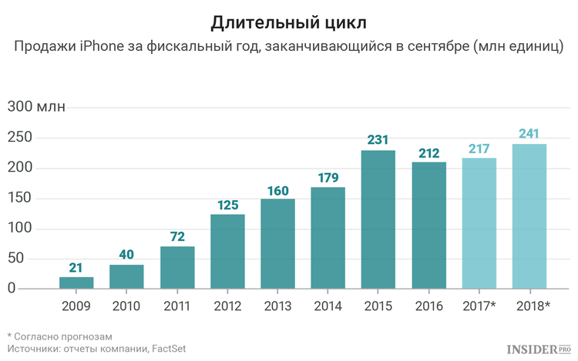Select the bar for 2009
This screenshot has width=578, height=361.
click(x=76, y=282)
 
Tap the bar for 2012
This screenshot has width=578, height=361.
click(x=227, y=251)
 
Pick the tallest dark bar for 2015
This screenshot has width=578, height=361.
click(x=378, y=219)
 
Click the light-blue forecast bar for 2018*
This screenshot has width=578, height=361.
click(x=529, y=216)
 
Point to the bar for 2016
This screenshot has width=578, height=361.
click(x=428, y=225)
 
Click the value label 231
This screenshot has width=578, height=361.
click(x=378, y=141)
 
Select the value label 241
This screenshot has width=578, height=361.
click(x=529, y=134)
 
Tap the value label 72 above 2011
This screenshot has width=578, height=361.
click(x=177, y=236)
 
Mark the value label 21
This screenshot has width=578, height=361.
click(x=76, y=267)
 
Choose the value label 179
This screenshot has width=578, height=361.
click(x=328, y=178)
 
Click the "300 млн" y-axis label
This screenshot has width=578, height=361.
click(x=36, y=107)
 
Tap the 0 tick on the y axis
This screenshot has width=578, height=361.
click(x=12, y=289)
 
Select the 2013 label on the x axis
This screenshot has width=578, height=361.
click(x=277, y=306)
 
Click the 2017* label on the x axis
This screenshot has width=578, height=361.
click(x=479, y=306)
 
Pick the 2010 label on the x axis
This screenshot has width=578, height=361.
click(x=126, y=306)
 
